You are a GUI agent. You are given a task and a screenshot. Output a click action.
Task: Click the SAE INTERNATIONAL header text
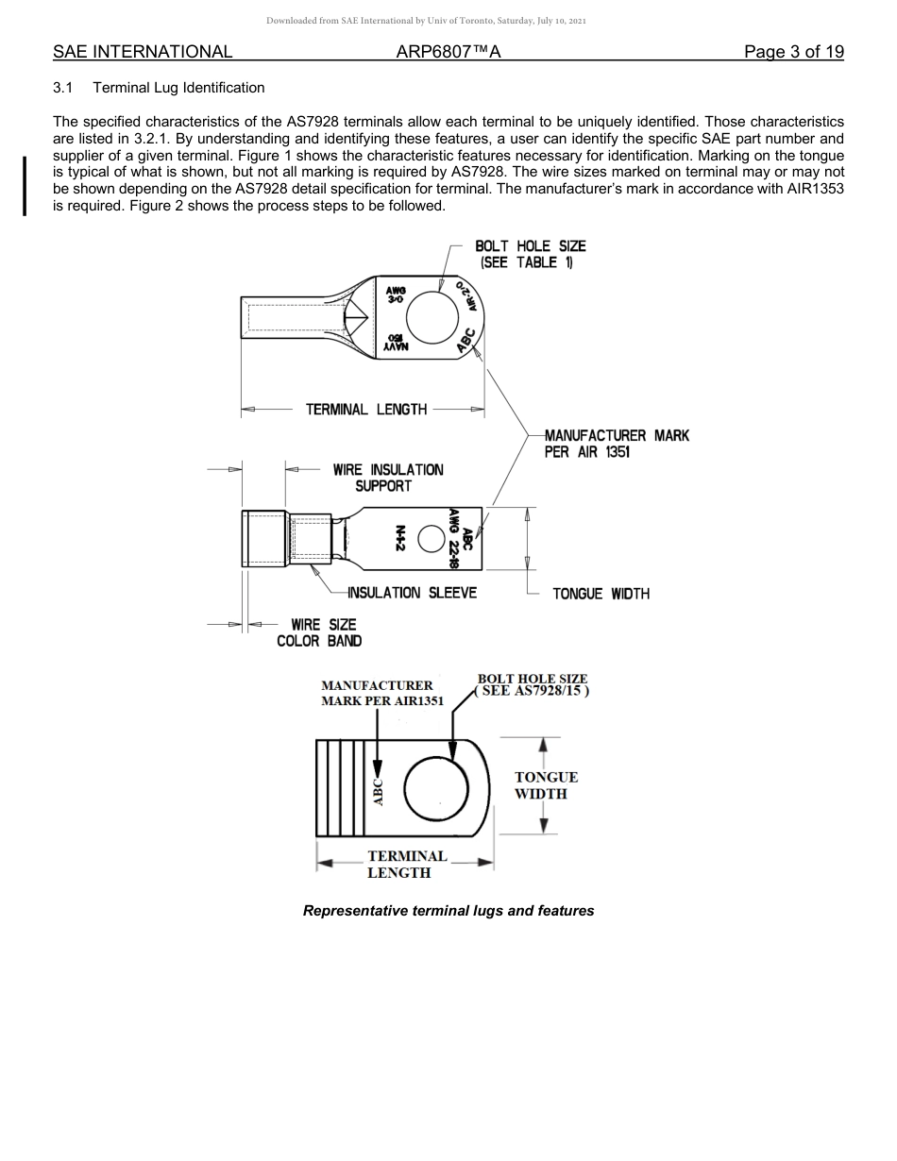[x=143, y=52]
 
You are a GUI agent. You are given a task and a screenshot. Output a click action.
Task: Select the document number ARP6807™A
[x=448, y=52]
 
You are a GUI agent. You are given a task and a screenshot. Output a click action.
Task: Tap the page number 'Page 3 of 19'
[x=793, y=52]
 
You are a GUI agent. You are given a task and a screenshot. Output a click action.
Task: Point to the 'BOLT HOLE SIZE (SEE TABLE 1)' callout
[x=530, y=254]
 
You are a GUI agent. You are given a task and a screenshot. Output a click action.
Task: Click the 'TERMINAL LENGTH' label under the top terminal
[x=365, y=410]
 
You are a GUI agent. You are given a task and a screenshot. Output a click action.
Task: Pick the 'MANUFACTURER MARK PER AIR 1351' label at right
[x=617, y=444]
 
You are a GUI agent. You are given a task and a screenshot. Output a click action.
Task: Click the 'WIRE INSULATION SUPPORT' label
[x=387, y=478]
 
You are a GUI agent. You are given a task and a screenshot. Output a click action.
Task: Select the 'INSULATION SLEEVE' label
[x=412, y=593]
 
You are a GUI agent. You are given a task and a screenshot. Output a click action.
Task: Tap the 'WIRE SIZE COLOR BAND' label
[x=319, y=632]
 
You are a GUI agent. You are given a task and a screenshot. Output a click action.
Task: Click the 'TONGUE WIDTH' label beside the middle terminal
[x=601, y=594]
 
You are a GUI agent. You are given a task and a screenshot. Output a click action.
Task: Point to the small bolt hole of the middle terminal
[x=431, y=538]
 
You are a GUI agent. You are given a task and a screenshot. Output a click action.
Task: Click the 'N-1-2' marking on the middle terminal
[x=400, y=538]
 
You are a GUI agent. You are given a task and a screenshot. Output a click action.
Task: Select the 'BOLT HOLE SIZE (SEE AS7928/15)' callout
[x=533, y=684]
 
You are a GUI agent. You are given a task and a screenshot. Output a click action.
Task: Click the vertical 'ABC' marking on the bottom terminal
[x=379, y=791]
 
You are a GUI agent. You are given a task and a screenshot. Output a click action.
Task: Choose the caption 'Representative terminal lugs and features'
[x=448, y=911]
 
